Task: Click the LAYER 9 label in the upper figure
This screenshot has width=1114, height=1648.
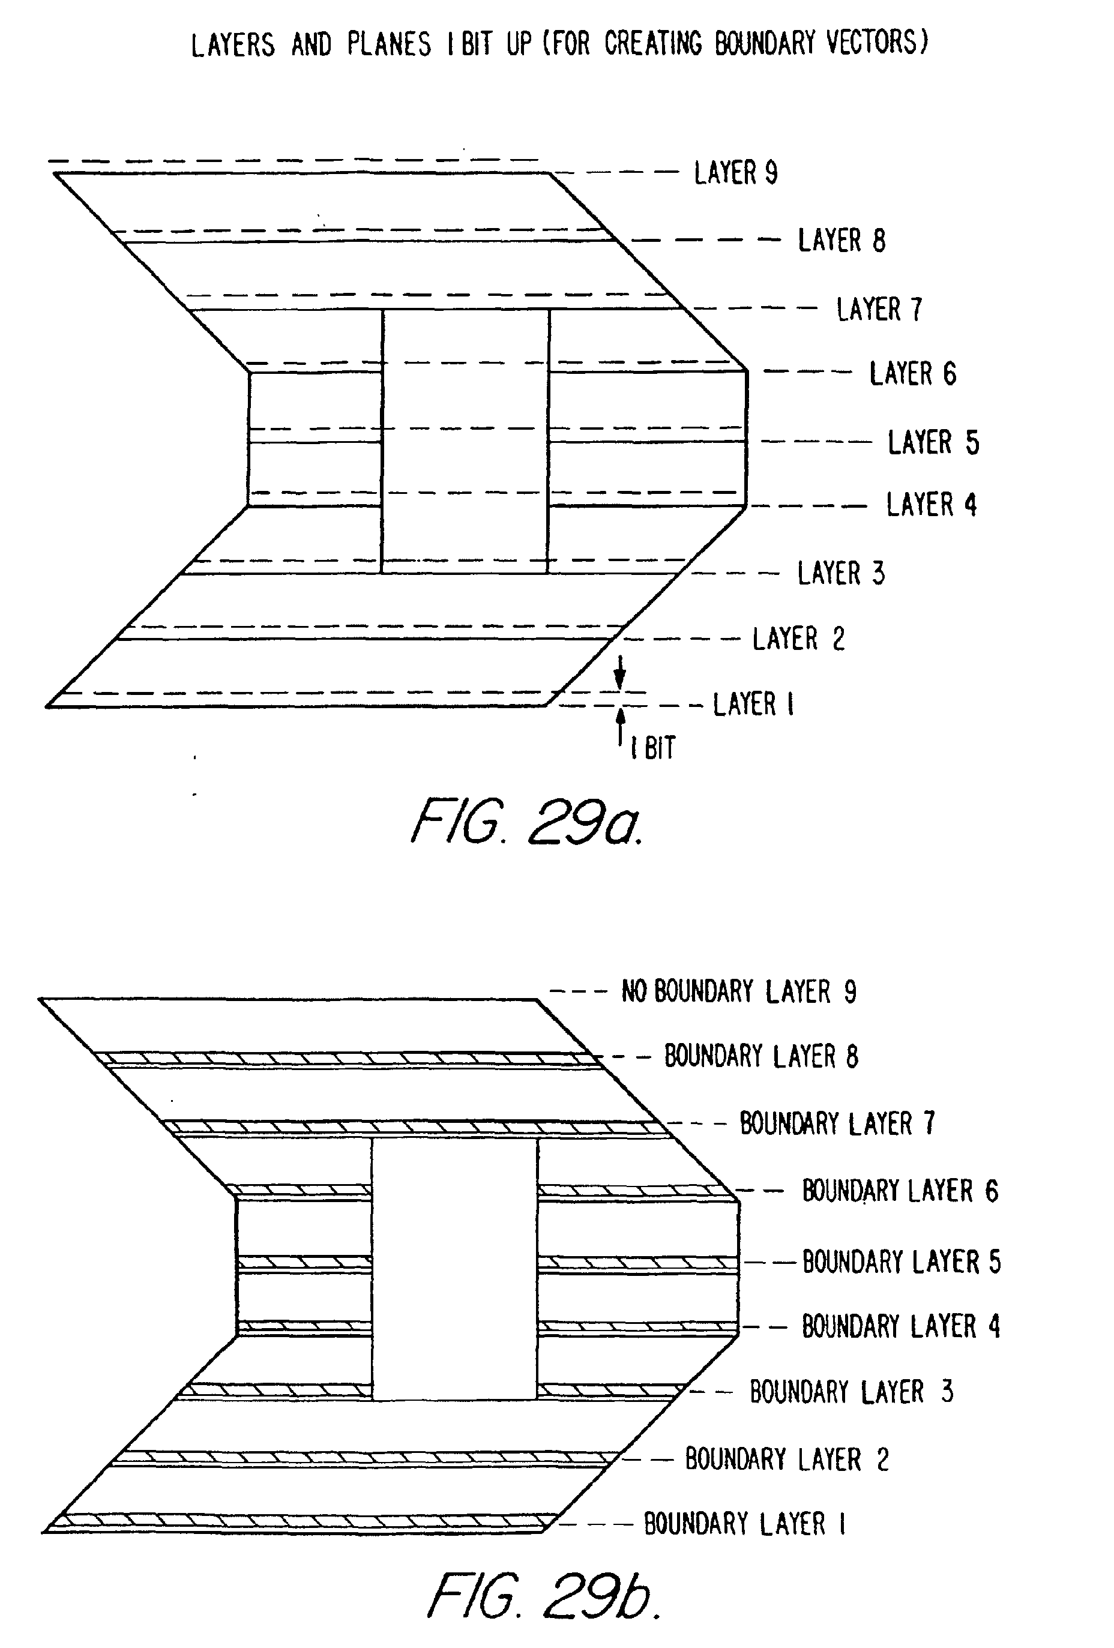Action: (x=735, y=173)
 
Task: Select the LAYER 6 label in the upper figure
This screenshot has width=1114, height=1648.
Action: (x=912, y=374)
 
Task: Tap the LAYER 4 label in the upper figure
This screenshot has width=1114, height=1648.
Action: (x=931, y=505)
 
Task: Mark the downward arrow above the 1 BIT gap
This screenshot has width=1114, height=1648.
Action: (x=620, y=672)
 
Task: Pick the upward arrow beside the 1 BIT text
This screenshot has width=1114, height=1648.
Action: (x=621, y=725)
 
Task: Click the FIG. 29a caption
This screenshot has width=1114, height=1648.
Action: (x=526, y=823)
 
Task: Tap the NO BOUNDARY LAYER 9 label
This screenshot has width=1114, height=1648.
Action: (x=739, y=991)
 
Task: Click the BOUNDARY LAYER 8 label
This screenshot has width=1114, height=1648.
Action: (x=761, y=1057)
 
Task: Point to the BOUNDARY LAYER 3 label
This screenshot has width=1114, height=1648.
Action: (x=851, y=1392)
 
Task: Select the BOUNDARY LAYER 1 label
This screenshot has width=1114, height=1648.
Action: (x=744, y=1524)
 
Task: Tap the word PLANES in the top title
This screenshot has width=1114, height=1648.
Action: (x=388, y=44)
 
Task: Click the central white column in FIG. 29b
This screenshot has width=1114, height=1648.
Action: (x=454, y=1269)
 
